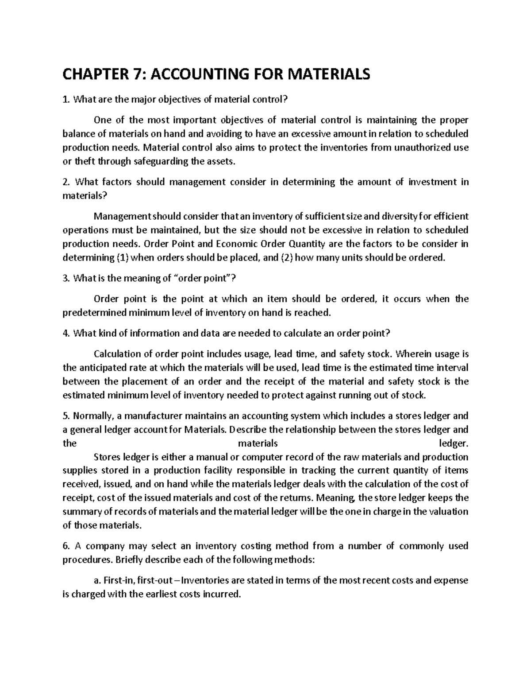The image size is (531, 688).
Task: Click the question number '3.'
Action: click(x=66, y=278)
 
